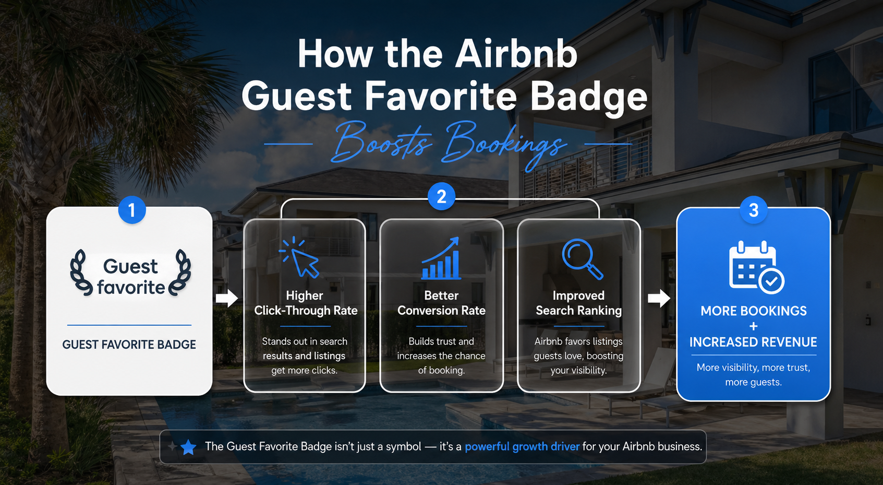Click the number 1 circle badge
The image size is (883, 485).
pyautogui.click(x=132, y=210)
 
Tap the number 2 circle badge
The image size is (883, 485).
pyautogui.click(x=441, y=197)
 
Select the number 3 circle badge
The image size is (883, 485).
pyautogui.click(x=753, y=210)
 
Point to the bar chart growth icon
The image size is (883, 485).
pyautogui.click(x=441, y=259)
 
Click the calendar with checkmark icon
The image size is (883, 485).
pyautogui.click(x=755, y=266)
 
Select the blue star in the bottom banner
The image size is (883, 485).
pyautogui.click(x=188, y=447)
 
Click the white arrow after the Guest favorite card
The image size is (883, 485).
pyautogui.click(x=226, y=298)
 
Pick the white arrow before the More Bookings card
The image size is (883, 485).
pyautogui.click(x=659, y=298)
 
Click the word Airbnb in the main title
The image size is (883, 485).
pyautogui.click(x=516, y=54)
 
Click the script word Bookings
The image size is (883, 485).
pyautogui.click(x=504, y=142)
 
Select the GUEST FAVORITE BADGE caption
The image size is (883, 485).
pyautogui.click(x=129, y=345)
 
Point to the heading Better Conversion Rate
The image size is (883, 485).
pyautogui.click(x=441, y=303)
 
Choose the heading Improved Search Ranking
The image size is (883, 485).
pyautogui.click(x=578, y=303)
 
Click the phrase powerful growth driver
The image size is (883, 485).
pyautogui.click(x=522, y=447)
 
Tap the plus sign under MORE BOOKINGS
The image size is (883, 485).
pyautogui.click(x=753, y=327)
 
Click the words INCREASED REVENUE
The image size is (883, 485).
pyautogui.click(x=753, y=342)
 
